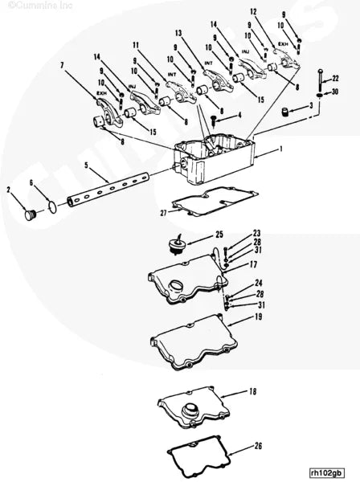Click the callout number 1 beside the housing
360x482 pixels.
(x=281, y=149)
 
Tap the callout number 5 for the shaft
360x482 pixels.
(x=86, y=165)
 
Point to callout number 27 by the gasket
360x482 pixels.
(x=163, y=213)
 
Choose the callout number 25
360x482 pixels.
(x=197, y=235)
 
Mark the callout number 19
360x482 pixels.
(x=259, y=317)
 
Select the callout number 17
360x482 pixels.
(x=254, y=263)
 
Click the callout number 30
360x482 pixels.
(x=335, y=93)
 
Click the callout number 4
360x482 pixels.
(x=239, y=115)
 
